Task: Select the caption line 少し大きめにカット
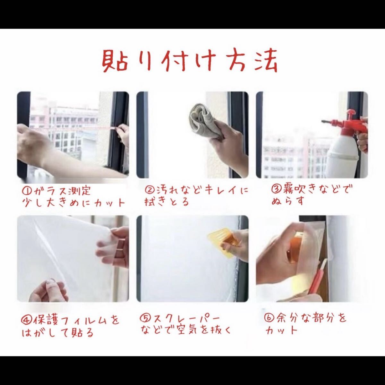74,203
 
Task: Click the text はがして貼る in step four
57,332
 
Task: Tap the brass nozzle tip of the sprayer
324,122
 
